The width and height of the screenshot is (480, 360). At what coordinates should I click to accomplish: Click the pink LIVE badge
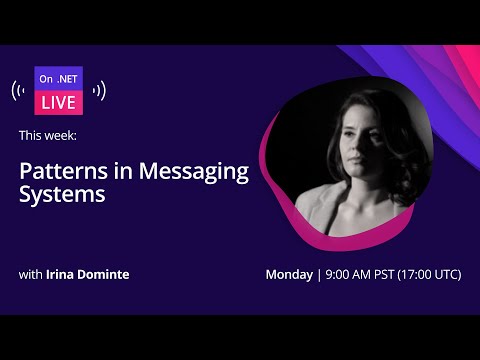[x=58, y=103]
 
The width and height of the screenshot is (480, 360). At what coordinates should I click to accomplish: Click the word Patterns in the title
[x=59, y=171]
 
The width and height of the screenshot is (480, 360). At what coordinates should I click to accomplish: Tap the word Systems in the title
[x=62, y=195]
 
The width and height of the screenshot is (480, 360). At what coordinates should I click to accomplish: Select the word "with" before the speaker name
[x=31, y=274]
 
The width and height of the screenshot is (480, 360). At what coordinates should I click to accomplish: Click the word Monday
[x=289, y=274]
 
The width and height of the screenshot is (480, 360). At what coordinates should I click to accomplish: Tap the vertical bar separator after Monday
[x=318, y=274]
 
